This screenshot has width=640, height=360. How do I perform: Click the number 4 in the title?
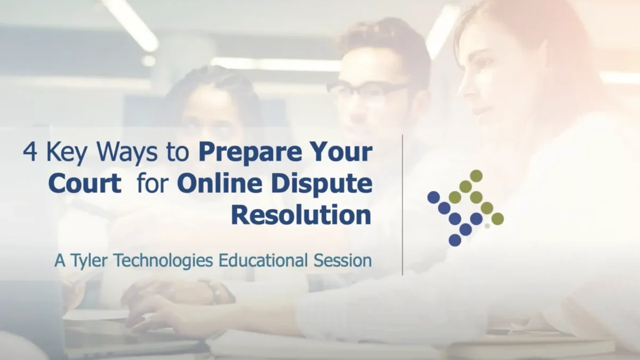pos(29,153)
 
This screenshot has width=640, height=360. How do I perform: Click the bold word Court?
pos(85,185)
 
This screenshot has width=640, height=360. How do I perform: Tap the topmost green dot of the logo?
pos(476,175)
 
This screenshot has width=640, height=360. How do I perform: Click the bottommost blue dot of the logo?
pos(455,240)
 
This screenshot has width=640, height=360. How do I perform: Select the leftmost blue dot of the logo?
pos(434,197)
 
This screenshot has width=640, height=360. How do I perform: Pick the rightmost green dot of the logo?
pos(498,219)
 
